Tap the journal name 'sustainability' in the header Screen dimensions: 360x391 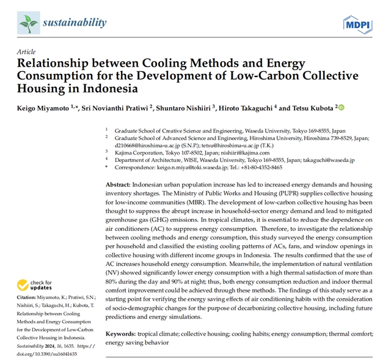(x=75, y=23)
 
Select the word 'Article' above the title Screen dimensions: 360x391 (x=27, y=52)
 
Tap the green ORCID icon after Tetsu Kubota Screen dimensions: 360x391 (x=341, y=108)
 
